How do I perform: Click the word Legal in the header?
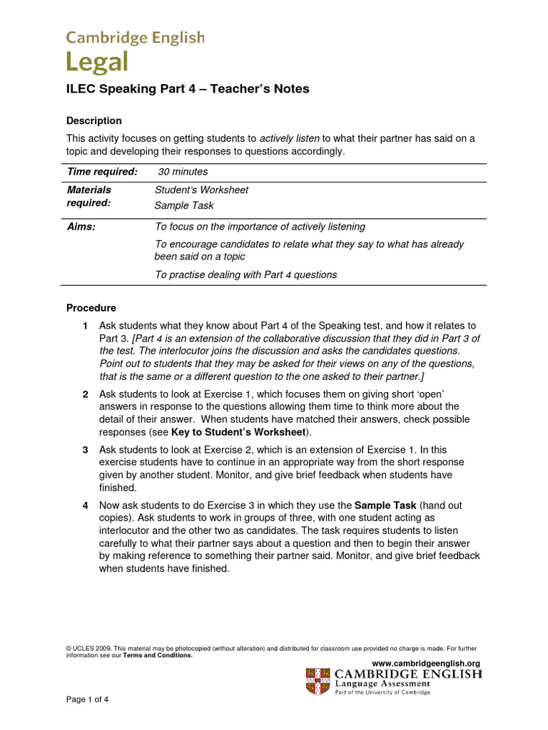click(x=97, y=63)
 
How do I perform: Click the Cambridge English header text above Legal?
click(x=135, y=38)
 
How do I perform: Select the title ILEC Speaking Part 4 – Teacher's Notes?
click(x=188, y=89)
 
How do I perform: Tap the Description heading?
click(x=93, y=120)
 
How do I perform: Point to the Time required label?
click(x=102, y=172)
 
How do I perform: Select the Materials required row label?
click(x=89, y=196)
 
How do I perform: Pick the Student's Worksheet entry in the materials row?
click(x=201, y=190)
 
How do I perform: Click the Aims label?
click(x=81, y=227)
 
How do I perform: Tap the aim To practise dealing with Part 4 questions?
click(x=245, y=274)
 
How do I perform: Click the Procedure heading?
click(x=91, y=308)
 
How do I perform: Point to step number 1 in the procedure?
click(x=85, y=326)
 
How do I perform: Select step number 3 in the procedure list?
click(x=85, y=450)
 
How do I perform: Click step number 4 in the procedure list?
click(x=85, y=505)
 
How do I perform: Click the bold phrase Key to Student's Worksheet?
click(x=239, y=432)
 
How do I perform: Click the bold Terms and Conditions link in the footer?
click(x=157, y=655)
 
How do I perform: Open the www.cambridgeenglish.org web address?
click(x=426, y=663)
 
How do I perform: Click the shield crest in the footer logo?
click(x=318, y=682)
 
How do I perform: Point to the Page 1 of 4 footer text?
click(x=87, y=699)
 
